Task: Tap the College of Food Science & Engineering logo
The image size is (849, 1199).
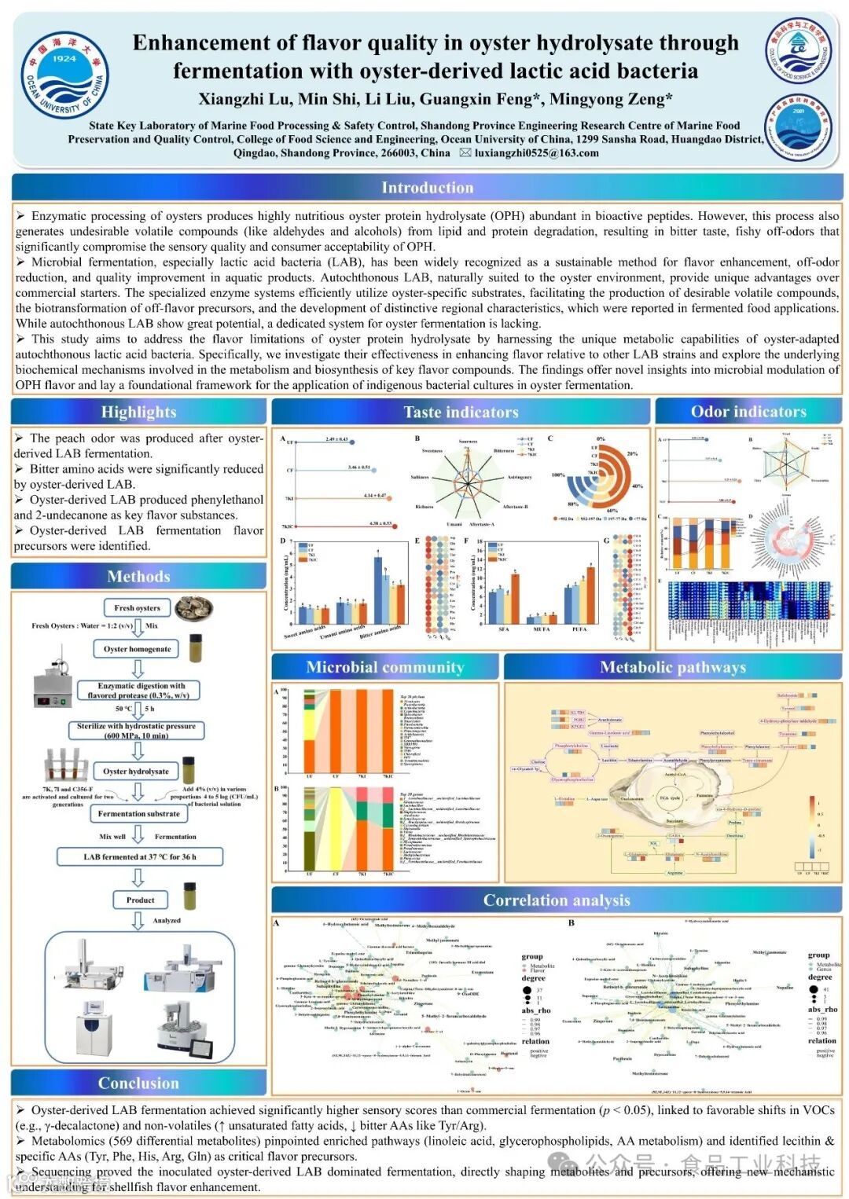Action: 798,52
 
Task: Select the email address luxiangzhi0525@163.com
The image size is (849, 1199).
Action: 536,153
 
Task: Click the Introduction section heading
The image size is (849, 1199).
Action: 427,188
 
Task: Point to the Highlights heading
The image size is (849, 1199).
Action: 138,412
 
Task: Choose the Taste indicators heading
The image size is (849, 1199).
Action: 461,412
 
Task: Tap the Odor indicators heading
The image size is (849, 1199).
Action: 748,412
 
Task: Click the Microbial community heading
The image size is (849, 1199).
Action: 385,667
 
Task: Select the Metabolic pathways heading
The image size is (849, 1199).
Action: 673,667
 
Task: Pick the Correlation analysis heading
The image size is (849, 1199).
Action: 557,900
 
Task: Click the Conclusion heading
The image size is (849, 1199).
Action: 138,1083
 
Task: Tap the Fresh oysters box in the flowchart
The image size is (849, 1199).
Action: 137,608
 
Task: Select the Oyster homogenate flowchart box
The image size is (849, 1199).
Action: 138,649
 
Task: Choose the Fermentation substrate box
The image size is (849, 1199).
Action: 139,814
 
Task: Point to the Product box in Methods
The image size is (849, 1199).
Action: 140,900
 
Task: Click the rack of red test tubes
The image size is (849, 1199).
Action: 64,763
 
